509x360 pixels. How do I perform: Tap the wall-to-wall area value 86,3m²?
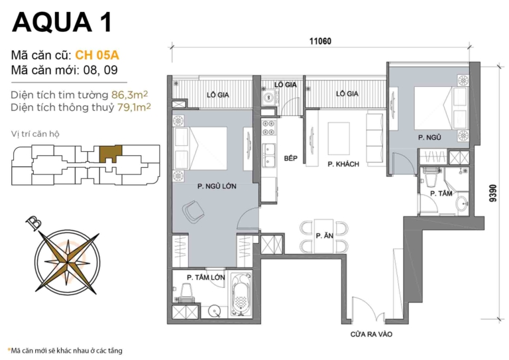[129, 93]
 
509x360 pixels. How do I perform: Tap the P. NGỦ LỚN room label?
[213, 187]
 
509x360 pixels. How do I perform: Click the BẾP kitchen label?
[290, 159]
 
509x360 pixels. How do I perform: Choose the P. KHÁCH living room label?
[343, 164]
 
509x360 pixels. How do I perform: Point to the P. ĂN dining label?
[323, 235]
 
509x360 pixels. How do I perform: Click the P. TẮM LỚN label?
[203, 277]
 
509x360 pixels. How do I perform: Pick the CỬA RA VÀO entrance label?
[371, 335]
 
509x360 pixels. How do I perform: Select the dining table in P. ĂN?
[323, 235]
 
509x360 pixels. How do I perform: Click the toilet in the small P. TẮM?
[429, 178]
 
